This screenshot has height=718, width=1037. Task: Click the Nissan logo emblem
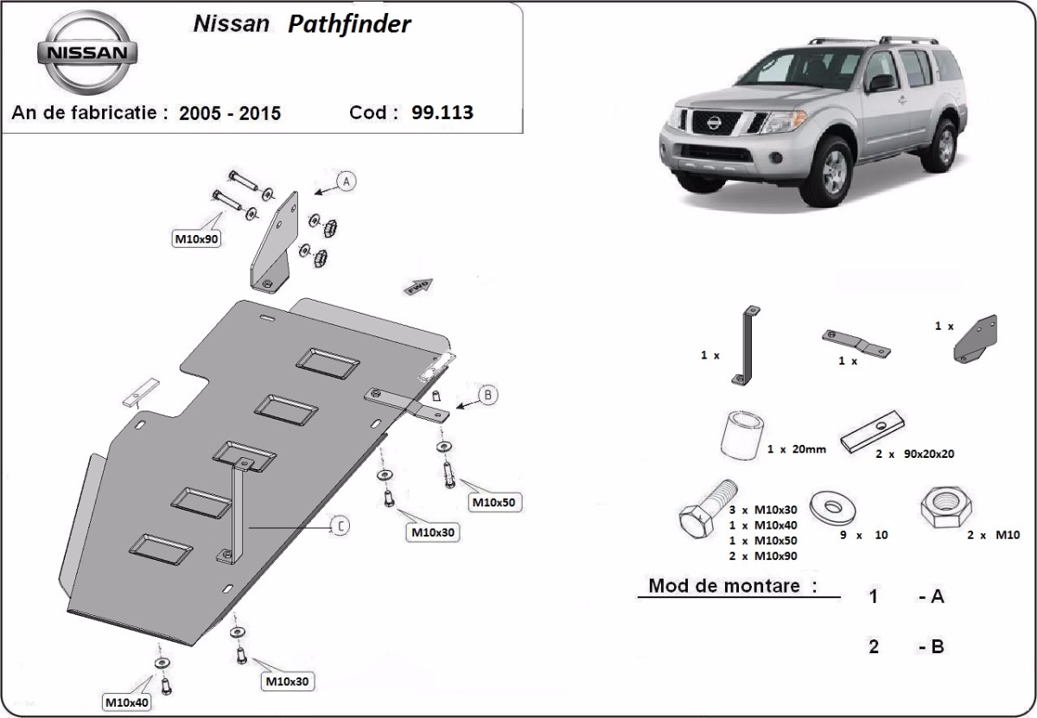(x=86, y=53)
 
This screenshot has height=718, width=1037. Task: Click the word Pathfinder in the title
(x=350, y=24)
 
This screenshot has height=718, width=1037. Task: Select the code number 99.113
(x=442, y=112)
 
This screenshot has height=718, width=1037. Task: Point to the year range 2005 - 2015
(x=230, y=113)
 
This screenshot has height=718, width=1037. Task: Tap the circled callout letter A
(x=346, y=181)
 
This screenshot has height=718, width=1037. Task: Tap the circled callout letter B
(x=487, y=396)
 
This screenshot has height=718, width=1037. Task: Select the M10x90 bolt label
(x=196, y=239)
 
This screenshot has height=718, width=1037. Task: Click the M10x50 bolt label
(x=496, y=502)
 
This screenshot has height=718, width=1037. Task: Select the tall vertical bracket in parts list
(x=745, y=345)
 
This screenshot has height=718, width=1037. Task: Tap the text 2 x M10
(x=994, y=535)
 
